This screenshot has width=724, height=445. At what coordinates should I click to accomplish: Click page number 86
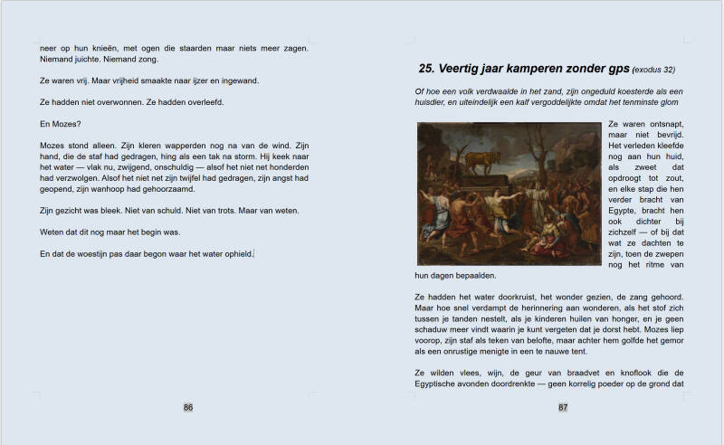tap(188, 407)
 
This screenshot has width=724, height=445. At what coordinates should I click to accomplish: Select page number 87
tap(563, 407)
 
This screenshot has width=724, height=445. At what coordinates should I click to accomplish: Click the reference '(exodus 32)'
tap(654, 69)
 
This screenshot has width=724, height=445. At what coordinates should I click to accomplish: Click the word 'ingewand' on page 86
tap(236, 80)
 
